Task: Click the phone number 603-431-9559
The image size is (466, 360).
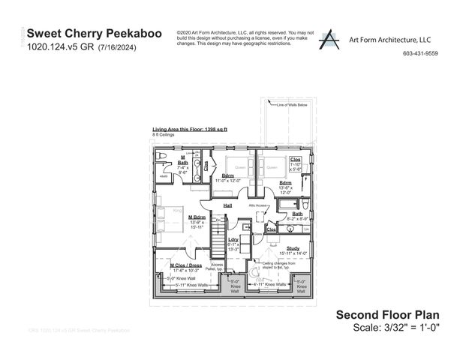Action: (x=420, y=54)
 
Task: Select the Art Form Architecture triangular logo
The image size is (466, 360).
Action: (x=328, y=39)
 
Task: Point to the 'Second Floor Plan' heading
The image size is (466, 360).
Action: (x=387, y=315)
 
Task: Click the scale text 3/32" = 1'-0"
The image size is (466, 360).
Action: (x=396, y=328)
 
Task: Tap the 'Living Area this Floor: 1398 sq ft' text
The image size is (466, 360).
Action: (x=190, y=130)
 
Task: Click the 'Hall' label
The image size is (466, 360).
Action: (x=227, y=205)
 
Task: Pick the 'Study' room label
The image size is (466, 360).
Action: (x=293, y=248)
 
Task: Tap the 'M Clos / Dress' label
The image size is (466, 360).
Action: (x=185, y=265)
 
